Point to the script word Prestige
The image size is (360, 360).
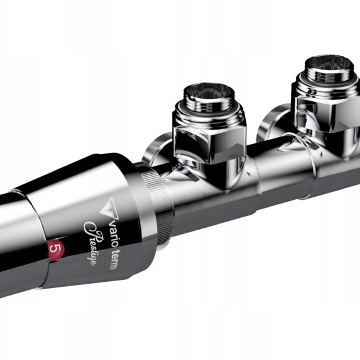point(94,243)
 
